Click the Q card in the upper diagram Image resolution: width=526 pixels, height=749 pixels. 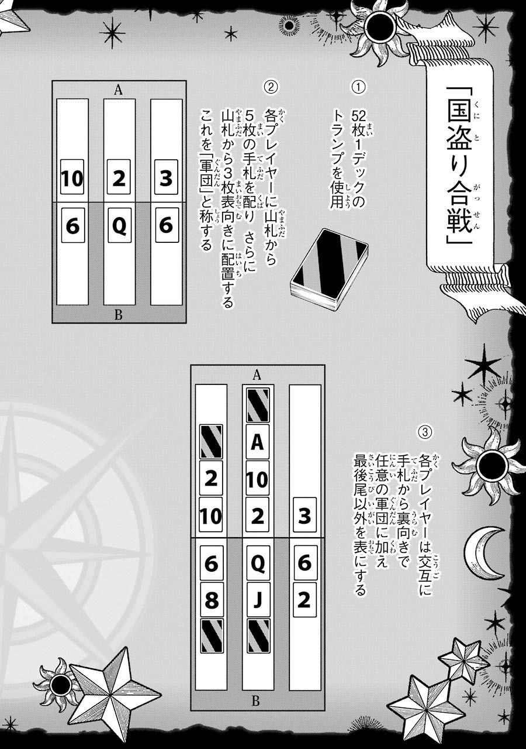[x=119, y=225]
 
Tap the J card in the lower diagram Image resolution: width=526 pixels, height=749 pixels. [x=258, y=600]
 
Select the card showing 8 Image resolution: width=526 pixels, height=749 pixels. [x=211, y=600]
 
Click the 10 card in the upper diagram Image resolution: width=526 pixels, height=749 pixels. [x=72, y=177]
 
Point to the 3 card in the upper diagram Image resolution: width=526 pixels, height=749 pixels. [x=166, y=177]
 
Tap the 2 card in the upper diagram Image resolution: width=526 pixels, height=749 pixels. [x=119, y=177]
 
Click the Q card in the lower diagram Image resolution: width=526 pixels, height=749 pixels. [x=258, y=564]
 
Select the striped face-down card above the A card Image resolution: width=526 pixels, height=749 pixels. [x=258, y=406]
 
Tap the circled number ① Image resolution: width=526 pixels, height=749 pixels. [x=358, y=87]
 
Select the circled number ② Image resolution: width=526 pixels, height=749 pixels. [x=271, y=87]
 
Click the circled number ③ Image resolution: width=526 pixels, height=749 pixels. [x=424, y=432]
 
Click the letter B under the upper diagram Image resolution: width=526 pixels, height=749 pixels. [x=118, y=315]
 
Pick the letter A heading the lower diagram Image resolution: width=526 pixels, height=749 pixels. [x=257, y=375]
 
